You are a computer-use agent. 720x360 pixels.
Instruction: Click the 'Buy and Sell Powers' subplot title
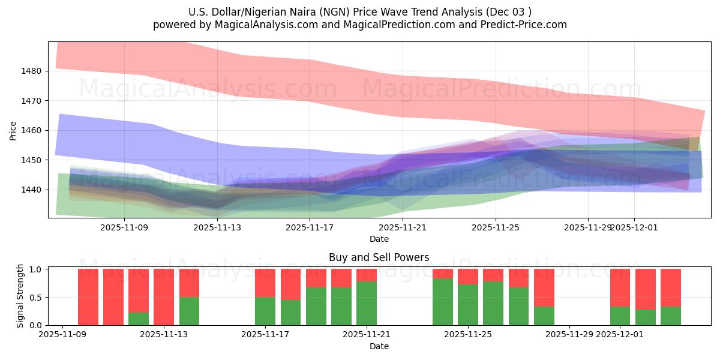pos(379,257)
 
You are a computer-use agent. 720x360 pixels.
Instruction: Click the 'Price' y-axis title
pos(14,130)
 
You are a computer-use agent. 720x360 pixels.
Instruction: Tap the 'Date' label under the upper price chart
pos(379,239)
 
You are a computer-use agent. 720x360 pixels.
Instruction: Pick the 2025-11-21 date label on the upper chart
pos(403,227)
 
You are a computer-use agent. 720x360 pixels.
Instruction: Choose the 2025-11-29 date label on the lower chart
pos(569,335)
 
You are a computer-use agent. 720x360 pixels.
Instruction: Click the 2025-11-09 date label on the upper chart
pos(124,227)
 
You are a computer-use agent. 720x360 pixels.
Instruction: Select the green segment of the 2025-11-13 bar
pos(189,311)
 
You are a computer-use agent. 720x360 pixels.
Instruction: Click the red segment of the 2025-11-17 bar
pos(265,283)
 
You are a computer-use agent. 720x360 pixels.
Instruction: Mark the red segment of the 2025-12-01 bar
pos(620,287)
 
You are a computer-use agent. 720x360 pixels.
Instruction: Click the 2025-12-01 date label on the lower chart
pos(620,335)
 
